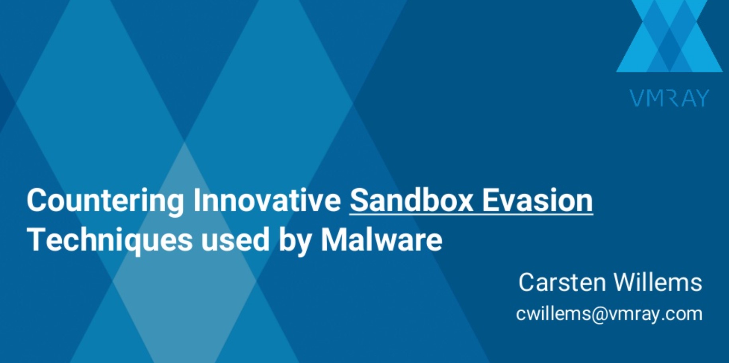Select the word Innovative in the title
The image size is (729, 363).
coord(267,200)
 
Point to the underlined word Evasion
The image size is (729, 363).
coord(537,200)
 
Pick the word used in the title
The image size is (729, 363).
coord(235,240)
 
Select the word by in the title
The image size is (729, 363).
coord(295,240)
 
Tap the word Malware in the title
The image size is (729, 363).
coord(381,240)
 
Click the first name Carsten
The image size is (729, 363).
coord(562,283)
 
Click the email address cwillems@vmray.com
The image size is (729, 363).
coord(609,314)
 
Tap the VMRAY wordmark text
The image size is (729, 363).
coord(669,98)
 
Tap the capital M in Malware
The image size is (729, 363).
coord(333,240)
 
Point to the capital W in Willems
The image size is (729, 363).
coord(625,283)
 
